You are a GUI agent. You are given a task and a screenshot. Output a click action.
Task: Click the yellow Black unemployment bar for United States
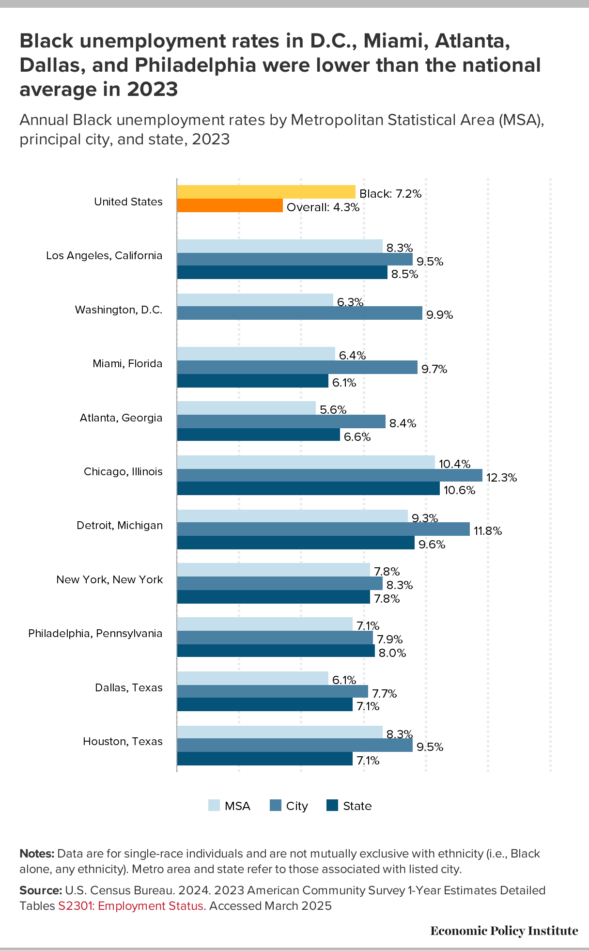click(266, 192)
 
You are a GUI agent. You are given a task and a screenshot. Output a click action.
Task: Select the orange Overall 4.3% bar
click(230, 205)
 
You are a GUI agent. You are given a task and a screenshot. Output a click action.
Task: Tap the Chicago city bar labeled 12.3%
click(329, 475)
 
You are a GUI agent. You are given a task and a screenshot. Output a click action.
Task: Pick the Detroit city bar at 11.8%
click(323, 529)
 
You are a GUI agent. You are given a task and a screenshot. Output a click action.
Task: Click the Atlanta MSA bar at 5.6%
click(246, 408)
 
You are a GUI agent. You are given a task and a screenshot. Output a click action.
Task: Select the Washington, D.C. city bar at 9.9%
click(299, 313)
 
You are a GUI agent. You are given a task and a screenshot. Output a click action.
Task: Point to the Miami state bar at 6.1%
click(252, 381)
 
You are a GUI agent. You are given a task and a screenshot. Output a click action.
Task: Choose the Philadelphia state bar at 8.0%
click(276, 651)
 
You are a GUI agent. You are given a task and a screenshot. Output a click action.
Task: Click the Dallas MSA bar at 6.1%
click(252, 678)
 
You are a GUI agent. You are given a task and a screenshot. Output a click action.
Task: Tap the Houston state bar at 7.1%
click(264, 759)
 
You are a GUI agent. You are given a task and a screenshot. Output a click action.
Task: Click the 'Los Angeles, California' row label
click(104, 255)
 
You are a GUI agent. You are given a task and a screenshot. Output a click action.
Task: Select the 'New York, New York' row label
click(109, 579)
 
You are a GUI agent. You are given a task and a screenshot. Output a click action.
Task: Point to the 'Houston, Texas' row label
click(123, 741)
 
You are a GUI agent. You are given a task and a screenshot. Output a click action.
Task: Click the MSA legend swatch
click(214, 805)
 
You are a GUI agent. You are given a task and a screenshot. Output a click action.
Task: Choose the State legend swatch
click(332, 805)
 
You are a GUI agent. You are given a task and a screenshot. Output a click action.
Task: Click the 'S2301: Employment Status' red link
click(130, 905)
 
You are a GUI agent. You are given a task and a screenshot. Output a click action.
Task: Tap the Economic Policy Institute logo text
click(504, 931)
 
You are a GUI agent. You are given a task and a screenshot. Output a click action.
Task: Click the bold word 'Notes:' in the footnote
click(37, 853)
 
